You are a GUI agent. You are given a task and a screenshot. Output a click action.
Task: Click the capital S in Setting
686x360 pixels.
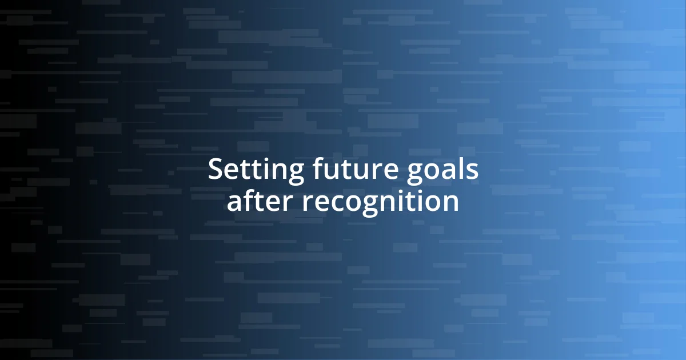click(x=215, y=170)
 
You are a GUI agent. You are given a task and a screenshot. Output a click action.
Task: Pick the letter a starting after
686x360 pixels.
click(x=234, y=203)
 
